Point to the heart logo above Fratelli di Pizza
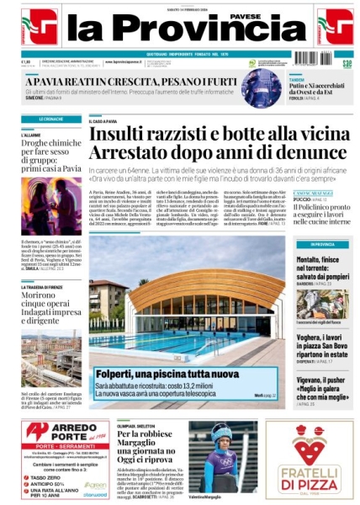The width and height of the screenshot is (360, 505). point(309,444)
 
